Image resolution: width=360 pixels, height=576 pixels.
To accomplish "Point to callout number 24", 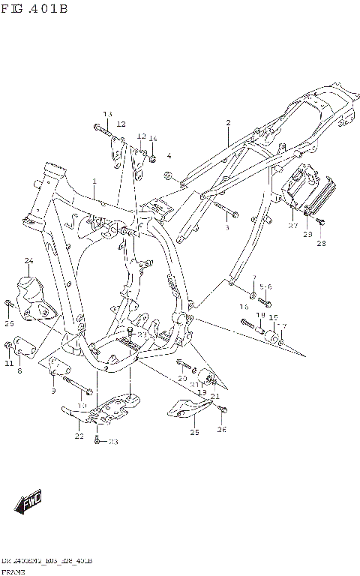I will (29, 261).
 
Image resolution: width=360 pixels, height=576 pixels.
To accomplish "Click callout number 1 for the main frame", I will (94, 181).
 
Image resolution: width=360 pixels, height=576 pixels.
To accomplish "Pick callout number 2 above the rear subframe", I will (228, 122).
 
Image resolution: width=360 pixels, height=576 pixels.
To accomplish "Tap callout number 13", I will (106, 114).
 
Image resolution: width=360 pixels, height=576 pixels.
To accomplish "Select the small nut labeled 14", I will (151, 158).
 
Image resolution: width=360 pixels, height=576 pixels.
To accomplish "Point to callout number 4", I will (169, 156).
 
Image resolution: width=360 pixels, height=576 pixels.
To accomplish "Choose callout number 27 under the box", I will (293, 224).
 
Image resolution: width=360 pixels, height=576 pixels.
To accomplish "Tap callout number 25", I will (194, 433).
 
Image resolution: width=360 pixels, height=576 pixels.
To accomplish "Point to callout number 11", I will (9, 364).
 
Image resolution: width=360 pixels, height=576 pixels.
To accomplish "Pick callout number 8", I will (19, 370).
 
